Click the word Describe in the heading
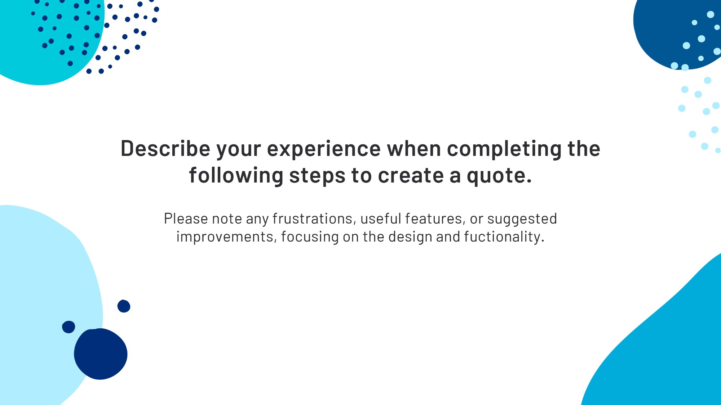[165, 148]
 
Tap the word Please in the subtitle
[186, 219]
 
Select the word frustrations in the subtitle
[313, 219]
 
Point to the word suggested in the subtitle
[522, 220]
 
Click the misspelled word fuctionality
[504, 237]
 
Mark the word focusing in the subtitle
[310, 237]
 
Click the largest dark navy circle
[101, 354]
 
